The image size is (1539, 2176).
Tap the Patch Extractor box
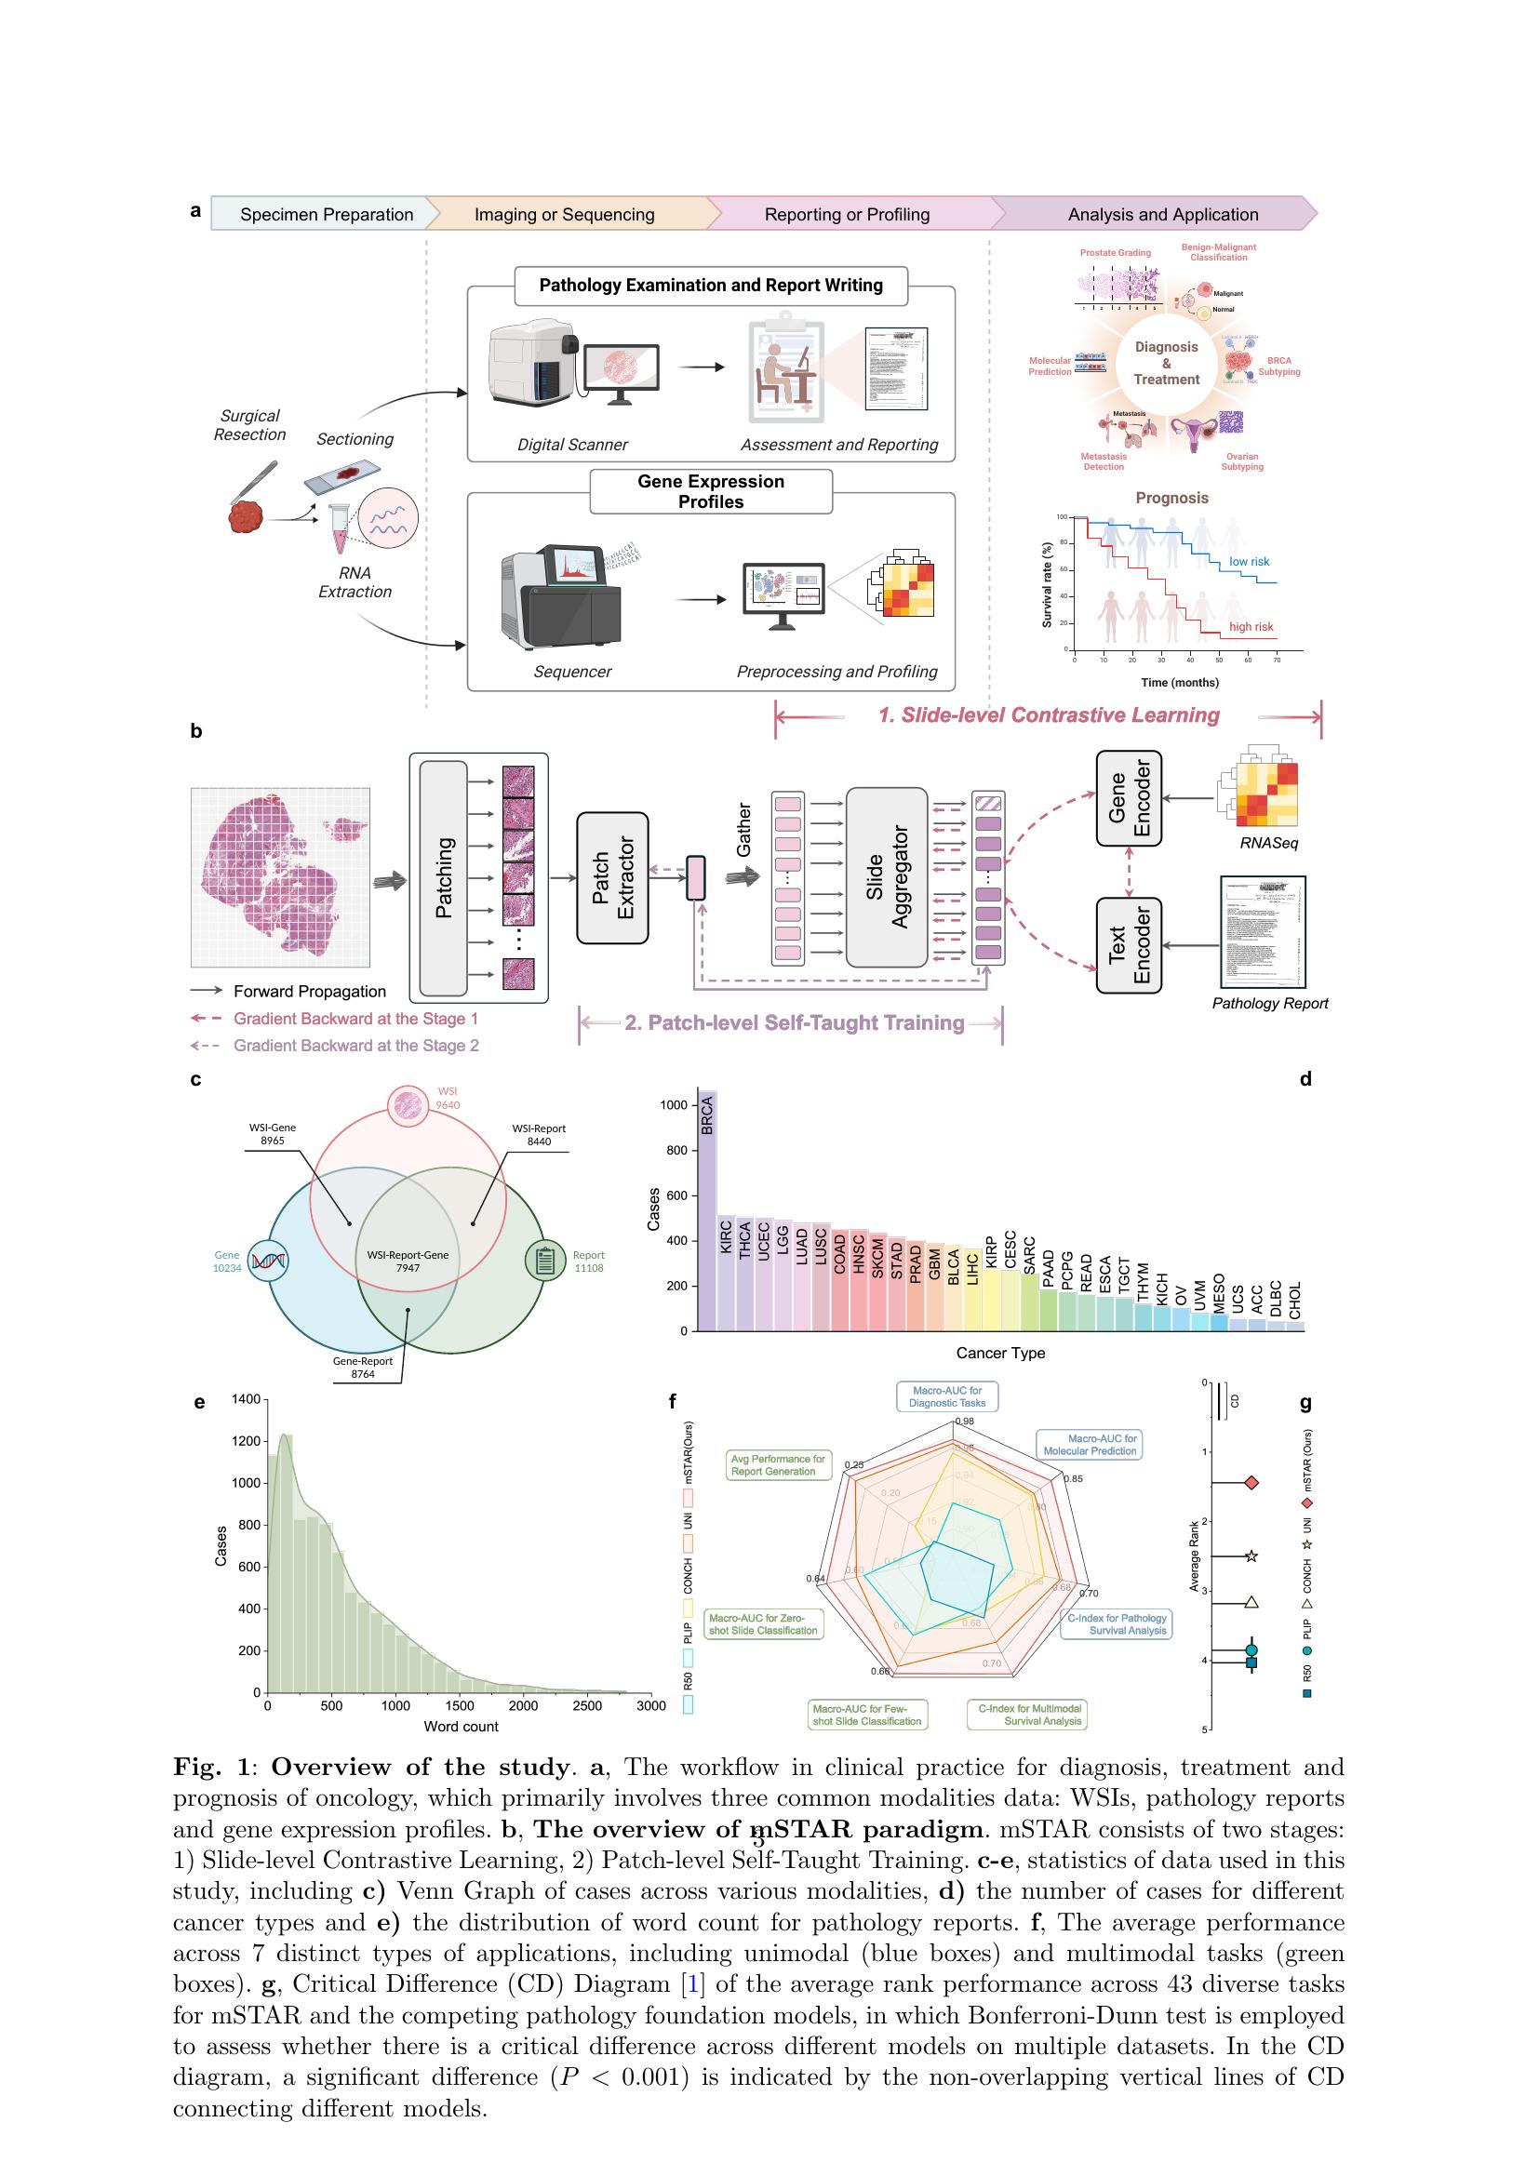(612, 877)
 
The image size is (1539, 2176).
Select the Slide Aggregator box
(886, 876)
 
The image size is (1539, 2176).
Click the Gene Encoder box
(1129, 798)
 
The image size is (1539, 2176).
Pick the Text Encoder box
(1129, 945)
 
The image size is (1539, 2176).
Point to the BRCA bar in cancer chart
(707, 1213)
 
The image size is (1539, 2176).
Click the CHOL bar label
(1295, 1300)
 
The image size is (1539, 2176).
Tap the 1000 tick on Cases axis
(674, 1105)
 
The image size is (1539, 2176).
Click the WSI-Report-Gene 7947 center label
(408, 1261)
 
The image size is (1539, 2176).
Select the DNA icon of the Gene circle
(267, 1261)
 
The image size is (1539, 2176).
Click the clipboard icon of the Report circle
(546, 1261)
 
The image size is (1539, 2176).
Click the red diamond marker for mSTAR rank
(1251, 1482)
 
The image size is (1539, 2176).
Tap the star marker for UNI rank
(1251, 1556)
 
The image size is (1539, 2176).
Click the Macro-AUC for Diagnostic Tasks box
(946, 1397)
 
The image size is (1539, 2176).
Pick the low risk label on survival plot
(1249, 562)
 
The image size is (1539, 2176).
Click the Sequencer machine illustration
(560, 597)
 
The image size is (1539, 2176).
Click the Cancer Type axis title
(999, 1353)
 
